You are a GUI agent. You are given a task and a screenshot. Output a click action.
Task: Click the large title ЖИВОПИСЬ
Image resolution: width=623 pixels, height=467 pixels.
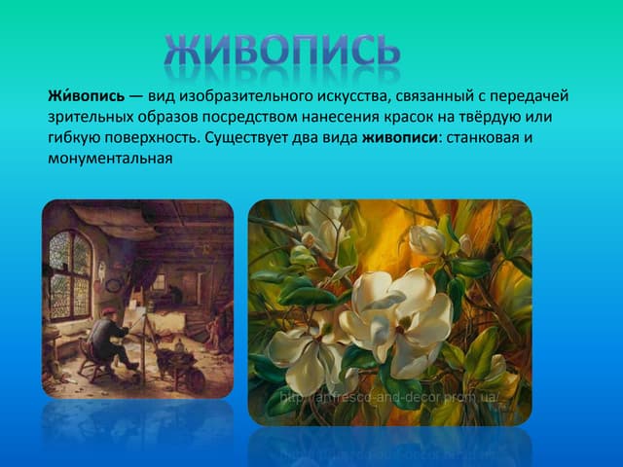tap(282, 54)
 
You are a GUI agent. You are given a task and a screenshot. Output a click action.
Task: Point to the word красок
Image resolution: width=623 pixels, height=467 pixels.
tap(406, 117)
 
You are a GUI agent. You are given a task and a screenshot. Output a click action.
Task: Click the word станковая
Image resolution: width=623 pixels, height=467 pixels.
tap(480, 137)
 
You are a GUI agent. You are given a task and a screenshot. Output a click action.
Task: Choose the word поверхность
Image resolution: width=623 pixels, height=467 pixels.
tap(153, 137)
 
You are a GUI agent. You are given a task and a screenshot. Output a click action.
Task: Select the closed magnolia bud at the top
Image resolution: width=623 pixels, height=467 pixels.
tap(425, 238)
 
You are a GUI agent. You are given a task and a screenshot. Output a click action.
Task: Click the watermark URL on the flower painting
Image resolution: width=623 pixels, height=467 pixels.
tap(389, 398)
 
